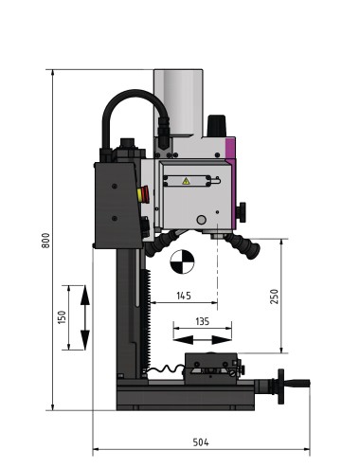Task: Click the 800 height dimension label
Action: tap(45, 241)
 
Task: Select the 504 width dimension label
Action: tap(200, 442)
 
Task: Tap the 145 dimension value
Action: tap(184, 296)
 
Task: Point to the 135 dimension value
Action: tap(202, 321)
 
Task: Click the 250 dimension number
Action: tap(275, 295)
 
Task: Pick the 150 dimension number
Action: tap(62, 317)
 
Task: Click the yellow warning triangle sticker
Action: tap(186, 180)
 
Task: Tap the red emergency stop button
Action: tap(143, 194)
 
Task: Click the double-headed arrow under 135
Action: tap(202, 338)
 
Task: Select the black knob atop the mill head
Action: tap(217, 125)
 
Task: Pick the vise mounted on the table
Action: tap(211, 364)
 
